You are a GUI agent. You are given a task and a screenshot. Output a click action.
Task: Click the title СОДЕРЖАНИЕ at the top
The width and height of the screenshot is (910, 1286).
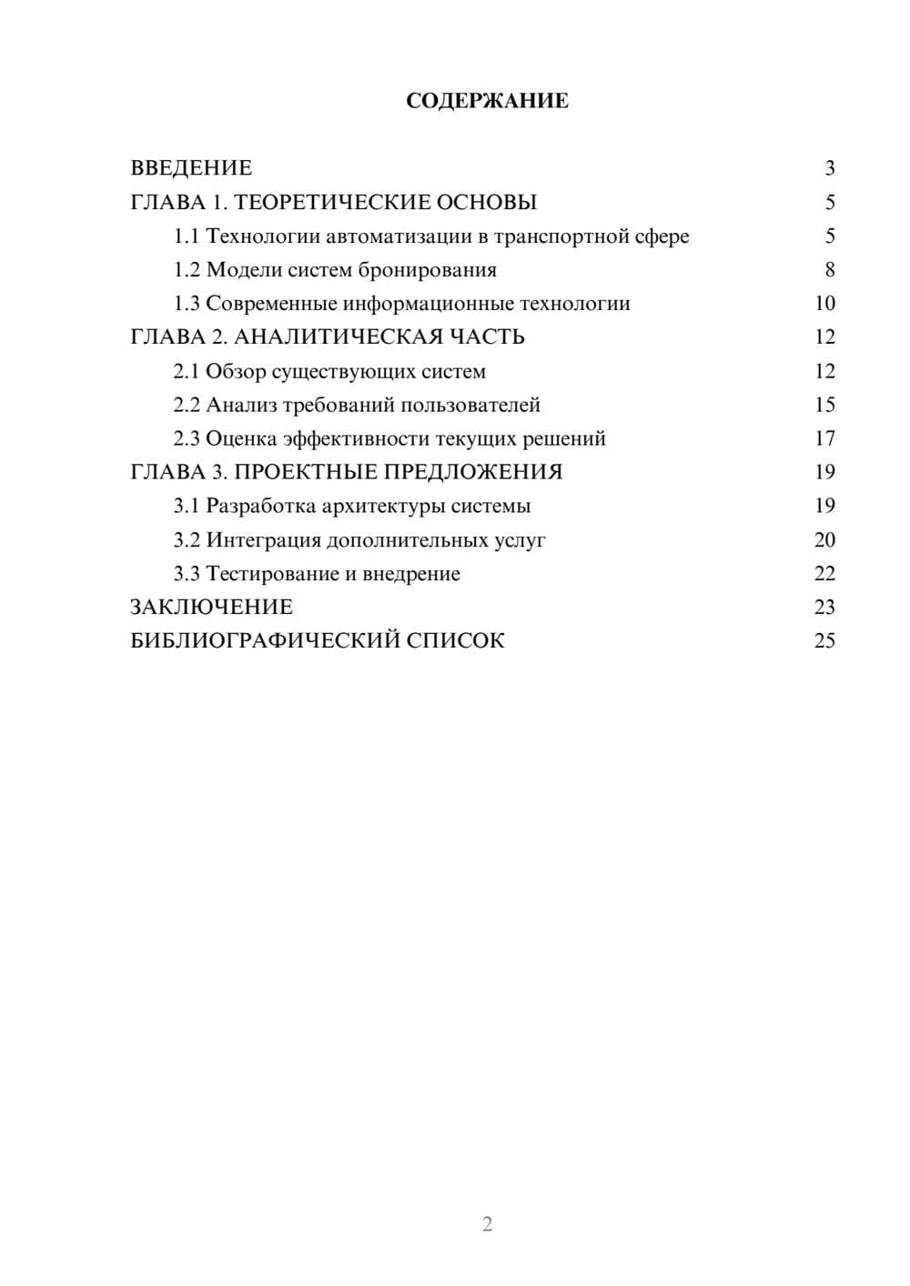(487, 101)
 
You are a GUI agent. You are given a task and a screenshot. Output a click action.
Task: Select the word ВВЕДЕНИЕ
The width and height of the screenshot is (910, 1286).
(191, 168)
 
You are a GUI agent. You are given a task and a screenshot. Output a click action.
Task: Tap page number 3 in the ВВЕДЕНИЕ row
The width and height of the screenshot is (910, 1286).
(829, 168)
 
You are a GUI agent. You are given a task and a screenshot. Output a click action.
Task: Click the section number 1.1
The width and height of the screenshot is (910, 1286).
(187, 236)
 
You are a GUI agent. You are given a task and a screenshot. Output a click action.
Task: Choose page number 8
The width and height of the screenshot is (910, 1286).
(829, 270)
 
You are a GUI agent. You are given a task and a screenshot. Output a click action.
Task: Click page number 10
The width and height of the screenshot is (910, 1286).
(824, 304)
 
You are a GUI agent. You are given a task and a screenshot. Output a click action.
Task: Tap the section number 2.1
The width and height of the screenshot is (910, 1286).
(187, 371)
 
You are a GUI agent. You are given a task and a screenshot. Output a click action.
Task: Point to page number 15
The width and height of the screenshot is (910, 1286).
(824, 405)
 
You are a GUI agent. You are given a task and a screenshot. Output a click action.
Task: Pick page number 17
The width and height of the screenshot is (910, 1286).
(824, 438)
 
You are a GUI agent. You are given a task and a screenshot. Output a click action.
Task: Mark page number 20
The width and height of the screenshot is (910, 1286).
(824, 540)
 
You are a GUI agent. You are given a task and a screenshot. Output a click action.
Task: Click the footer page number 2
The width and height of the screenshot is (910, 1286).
(487, 1224)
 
